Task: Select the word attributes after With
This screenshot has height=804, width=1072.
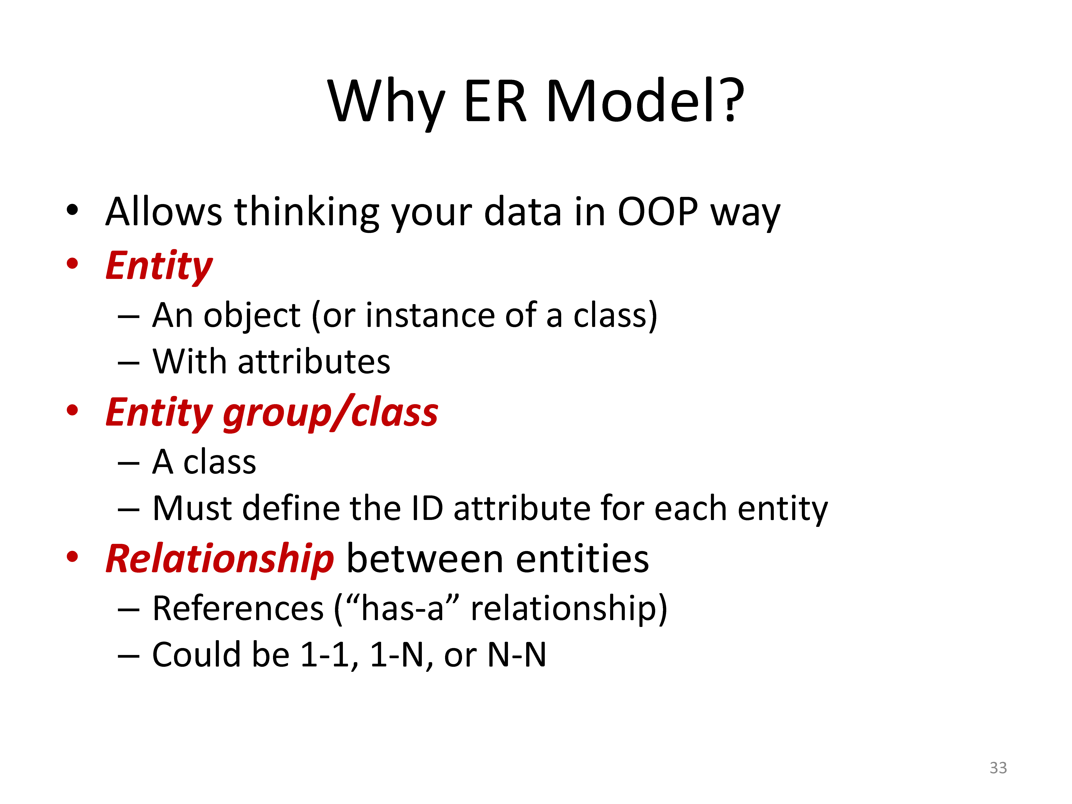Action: pos(314,362)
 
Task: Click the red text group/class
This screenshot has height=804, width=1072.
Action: pos(331,413)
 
